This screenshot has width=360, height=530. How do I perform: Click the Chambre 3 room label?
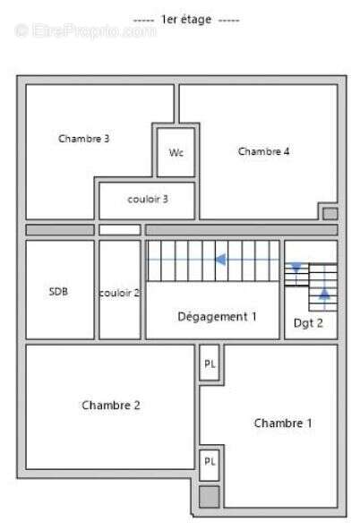tap(84, 139)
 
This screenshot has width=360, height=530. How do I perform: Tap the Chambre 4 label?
tap(263, 151)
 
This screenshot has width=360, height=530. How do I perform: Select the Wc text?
tap(176, 153)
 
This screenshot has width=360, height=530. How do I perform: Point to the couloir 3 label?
tap(148, 199)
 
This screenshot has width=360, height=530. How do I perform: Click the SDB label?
tap(58, 291)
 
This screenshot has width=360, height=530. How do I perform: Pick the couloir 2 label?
tap(120, 293)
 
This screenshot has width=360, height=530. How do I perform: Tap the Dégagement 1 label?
tap(217, 317)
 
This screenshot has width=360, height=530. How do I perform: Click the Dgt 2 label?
tap(308, 323)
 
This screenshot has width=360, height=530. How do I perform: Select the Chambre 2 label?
tap(111, 405)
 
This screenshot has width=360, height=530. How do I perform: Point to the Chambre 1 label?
tap(283, 423)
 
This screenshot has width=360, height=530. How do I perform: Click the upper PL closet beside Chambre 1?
tap(210, 364)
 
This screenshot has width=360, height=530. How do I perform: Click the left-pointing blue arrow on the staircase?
tap(213, 260)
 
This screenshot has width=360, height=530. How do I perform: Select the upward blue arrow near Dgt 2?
tap(324, 298)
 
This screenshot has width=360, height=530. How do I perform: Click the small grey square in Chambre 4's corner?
tap(330, 214)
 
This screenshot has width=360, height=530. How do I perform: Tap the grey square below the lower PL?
tap(210, 497)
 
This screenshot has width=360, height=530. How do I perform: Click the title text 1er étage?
tap(186, 20)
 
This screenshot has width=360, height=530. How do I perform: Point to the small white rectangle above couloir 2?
tap(120, 230)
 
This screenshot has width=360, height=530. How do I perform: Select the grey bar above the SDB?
tap(60, 230)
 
